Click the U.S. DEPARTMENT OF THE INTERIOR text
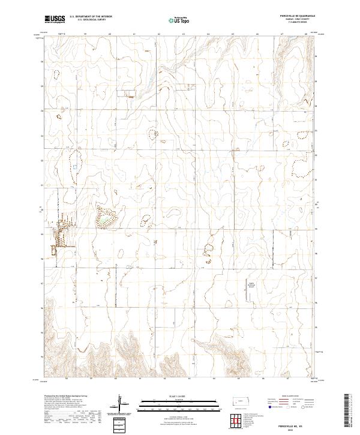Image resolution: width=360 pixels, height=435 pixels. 91,17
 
